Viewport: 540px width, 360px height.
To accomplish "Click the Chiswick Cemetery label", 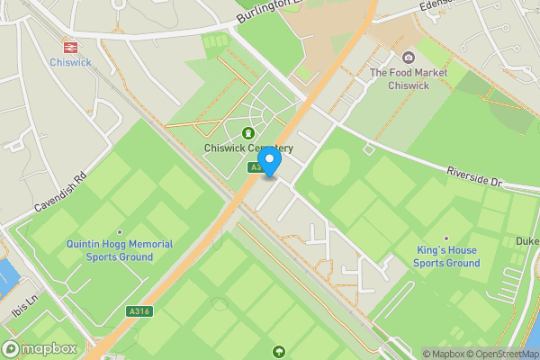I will (x=247, y=148).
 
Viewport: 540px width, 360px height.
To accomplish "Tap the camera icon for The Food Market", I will (x=408, y=58).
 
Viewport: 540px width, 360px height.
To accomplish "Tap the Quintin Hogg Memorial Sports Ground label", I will (x=119, y=250).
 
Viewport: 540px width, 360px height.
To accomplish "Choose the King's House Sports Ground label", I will (x=446, y=256).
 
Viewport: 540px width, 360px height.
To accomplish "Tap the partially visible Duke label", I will (x=527, y=240).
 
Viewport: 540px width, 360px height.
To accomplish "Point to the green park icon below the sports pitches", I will (x=279, y=351).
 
